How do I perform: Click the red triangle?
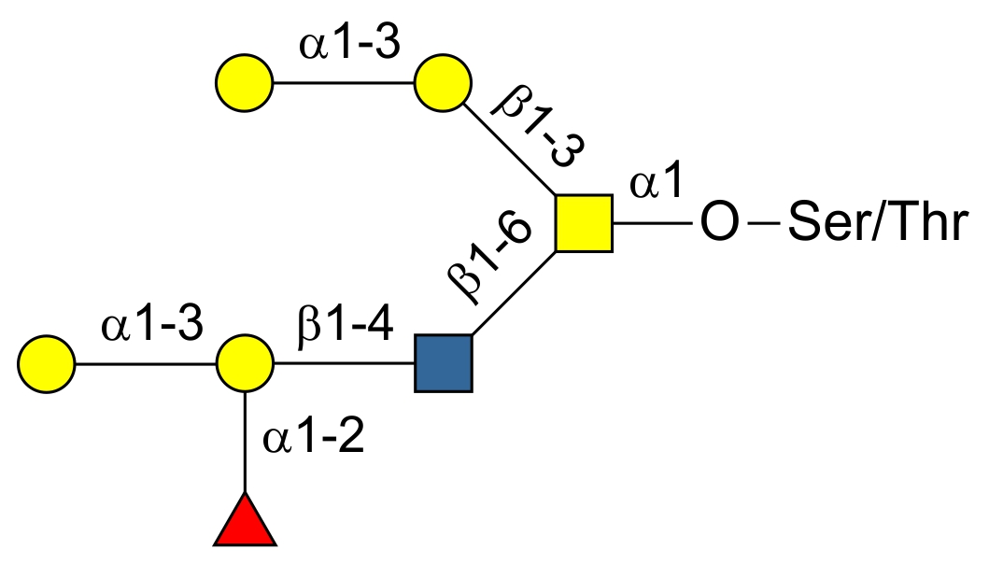coord(245,524)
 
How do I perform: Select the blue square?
coord(444,362)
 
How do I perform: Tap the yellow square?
coord(584,224)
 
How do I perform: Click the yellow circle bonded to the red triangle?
coord(245,362)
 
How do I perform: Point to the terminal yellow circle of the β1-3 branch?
coord(245,83)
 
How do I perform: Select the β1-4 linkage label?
coord(345,331)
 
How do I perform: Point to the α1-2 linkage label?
coord(312,439)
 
